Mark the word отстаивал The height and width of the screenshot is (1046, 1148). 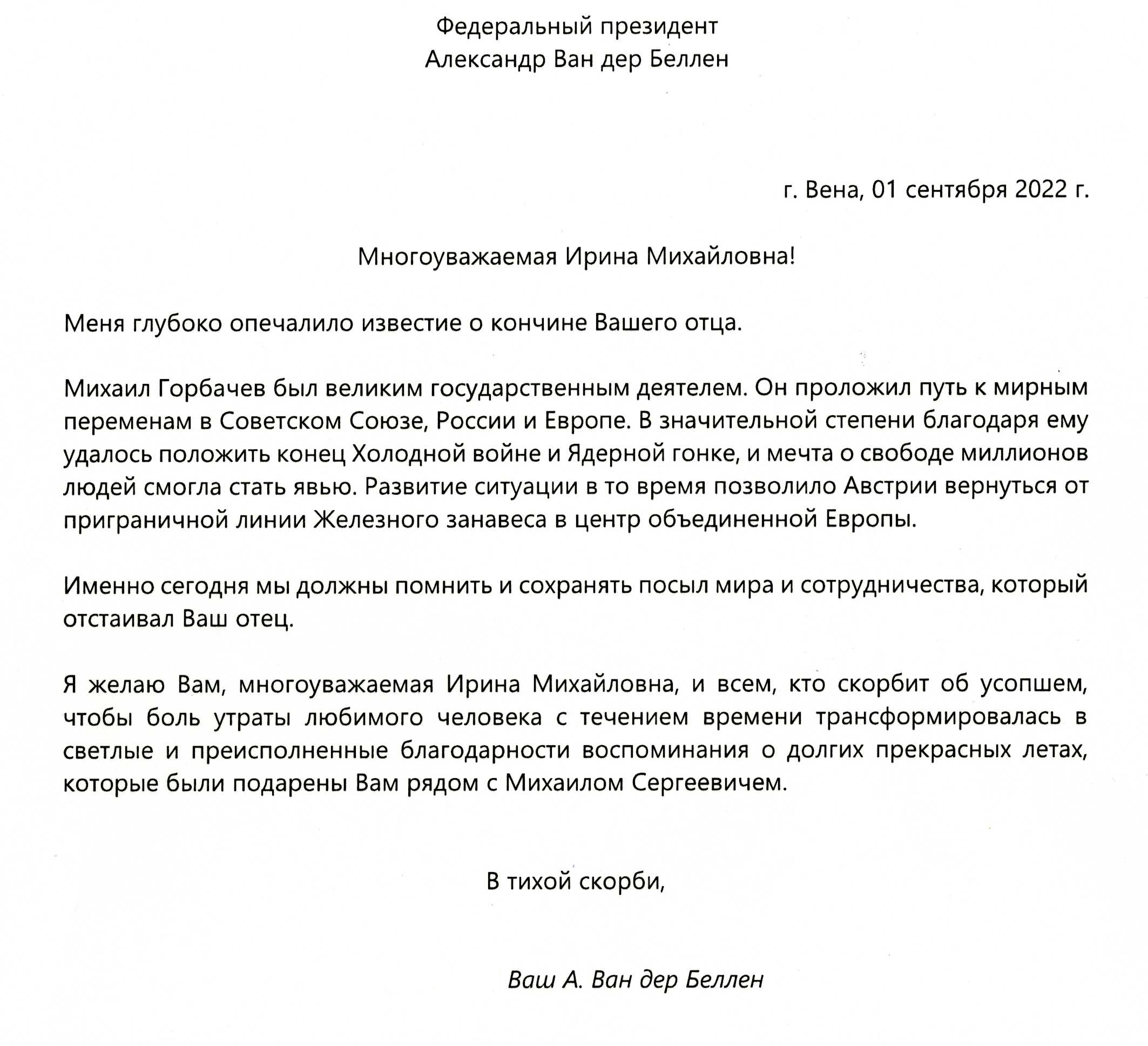[118, 619]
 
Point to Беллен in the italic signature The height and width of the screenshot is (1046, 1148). [724, 980]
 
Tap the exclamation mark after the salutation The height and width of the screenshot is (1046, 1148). [792, 257]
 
